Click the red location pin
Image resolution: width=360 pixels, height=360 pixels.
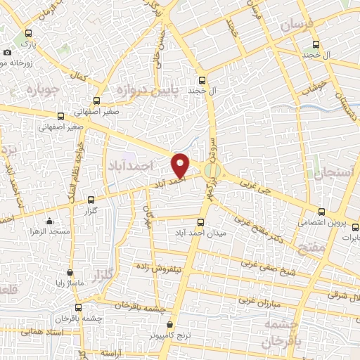(181, 164)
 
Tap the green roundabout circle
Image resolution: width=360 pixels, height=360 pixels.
(211, 169)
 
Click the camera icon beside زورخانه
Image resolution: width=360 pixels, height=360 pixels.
(7, 52)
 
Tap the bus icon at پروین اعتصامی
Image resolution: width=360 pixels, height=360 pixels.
(321, 211)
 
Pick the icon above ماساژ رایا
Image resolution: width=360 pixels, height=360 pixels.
(70, 272)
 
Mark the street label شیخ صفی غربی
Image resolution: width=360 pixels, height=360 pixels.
(269, 266)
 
